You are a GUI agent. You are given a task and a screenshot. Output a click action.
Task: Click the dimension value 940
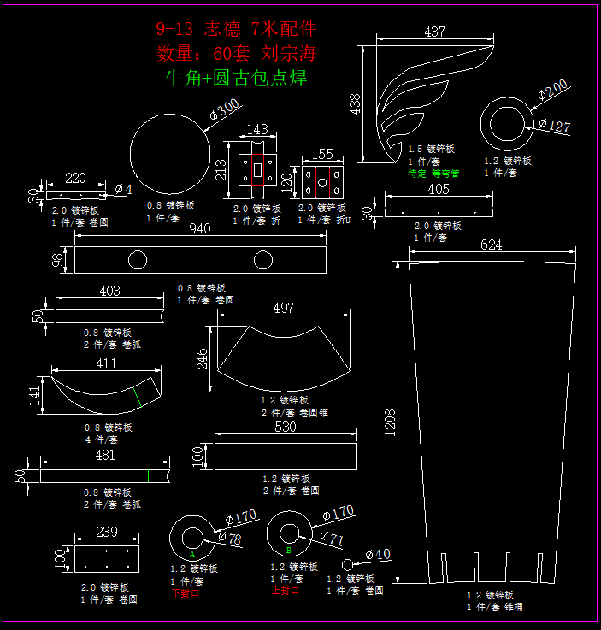click(x=199, y=229)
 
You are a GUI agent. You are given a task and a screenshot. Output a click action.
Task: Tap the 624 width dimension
click(x=491, y=244)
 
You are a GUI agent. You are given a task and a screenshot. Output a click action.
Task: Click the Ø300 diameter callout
click(x=224, y=110)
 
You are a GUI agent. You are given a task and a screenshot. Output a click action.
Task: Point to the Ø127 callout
click(x=554, y=127)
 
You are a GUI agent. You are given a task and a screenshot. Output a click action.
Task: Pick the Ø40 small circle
click(x=348, y=564)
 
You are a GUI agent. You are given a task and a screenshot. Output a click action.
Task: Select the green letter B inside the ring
click(x=289, y=551)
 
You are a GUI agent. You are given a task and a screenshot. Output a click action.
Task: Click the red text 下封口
click(x=186, y=592)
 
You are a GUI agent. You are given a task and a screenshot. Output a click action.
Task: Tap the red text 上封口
click(x=285, y=590)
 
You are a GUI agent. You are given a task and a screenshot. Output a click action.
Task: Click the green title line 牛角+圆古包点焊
click(x=235, y=79)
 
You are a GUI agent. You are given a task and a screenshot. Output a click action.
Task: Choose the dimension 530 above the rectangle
click(x=285, y=427)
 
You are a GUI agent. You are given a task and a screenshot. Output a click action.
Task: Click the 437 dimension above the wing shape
click(x=434, y=32)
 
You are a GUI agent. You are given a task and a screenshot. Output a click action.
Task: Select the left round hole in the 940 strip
click(x=137, y=259)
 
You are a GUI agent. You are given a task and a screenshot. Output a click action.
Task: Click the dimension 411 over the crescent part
click(x=106, y=364)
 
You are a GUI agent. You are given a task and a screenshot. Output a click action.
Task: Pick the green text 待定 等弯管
click(x=433, y=173)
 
